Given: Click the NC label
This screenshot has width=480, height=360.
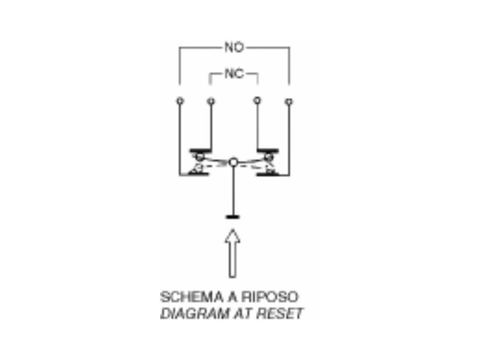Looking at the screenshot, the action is (x=234, y=74).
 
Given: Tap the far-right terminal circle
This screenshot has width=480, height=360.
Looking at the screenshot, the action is (x=289, y=100).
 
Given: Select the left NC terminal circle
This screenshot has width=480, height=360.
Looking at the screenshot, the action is (x=210, y=100).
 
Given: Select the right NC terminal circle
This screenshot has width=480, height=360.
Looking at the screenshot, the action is (x=256, y=100).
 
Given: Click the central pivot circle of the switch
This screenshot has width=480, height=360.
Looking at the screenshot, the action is (x=234, y=163).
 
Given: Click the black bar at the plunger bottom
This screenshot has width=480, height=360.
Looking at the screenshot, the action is (x=233, y=217).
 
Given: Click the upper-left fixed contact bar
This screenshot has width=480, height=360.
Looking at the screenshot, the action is (x=200, y=151).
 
